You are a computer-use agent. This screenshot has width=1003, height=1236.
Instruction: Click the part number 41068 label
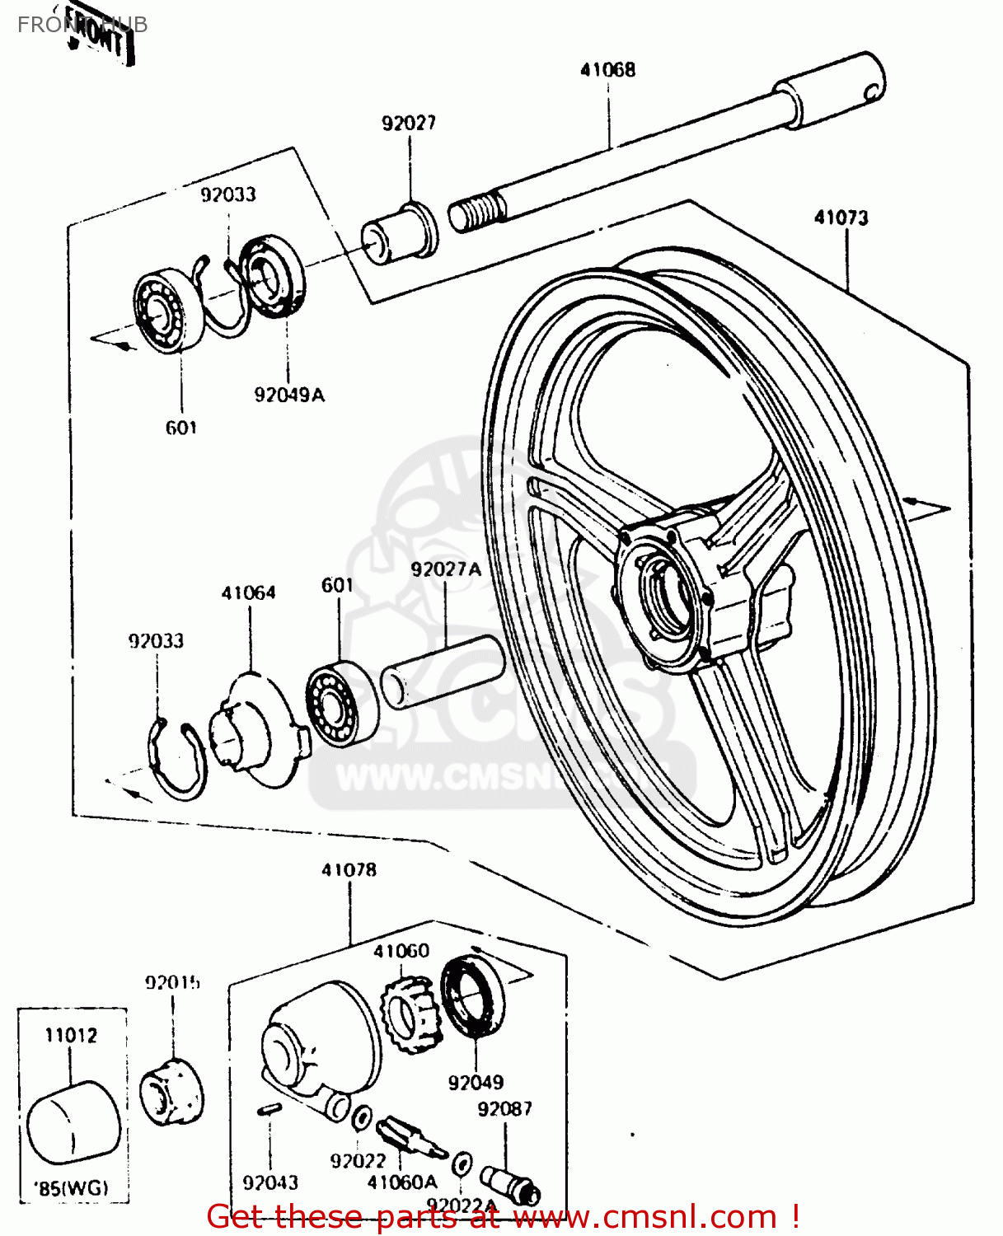[607, 70]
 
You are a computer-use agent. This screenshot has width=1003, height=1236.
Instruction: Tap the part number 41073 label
[841, 218]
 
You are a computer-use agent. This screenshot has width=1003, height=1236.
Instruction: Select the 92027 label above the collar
[409, 124]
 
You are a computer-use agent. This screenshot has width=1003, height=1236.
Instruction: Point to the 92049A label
[289, 396]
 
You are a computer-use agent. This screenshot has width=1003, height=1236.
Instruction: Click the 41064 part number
[248, 593]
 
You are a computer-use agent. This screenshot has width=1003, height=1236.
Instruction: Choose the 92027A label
[446, 569]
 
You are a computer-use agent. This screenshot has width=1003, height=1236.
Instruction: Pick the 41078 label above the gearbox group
[349, 870]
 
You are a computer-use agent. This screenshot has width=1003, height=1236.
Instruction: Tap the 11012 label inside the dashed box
[71, 1036]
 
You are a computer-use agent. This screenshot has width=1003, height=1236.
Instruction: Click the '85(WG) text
[71, 1188]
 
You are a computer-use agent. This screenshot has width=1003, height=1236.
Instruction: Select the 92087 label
[504, 1109]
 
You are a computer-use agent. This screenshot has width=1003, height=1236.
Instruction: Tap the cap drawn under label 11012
[73, 1124]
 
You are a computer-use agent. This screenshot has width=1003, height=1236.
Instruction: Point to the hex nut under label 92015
[171, 1093]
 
